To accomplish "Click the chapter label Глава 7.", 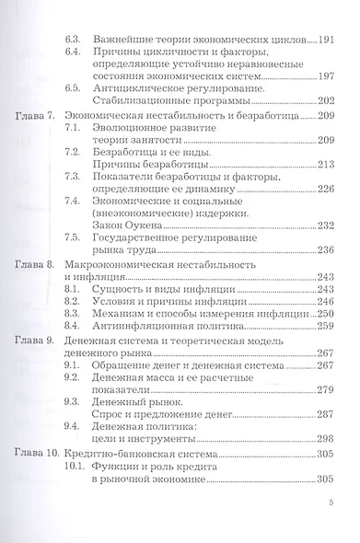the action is point(39,119).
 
